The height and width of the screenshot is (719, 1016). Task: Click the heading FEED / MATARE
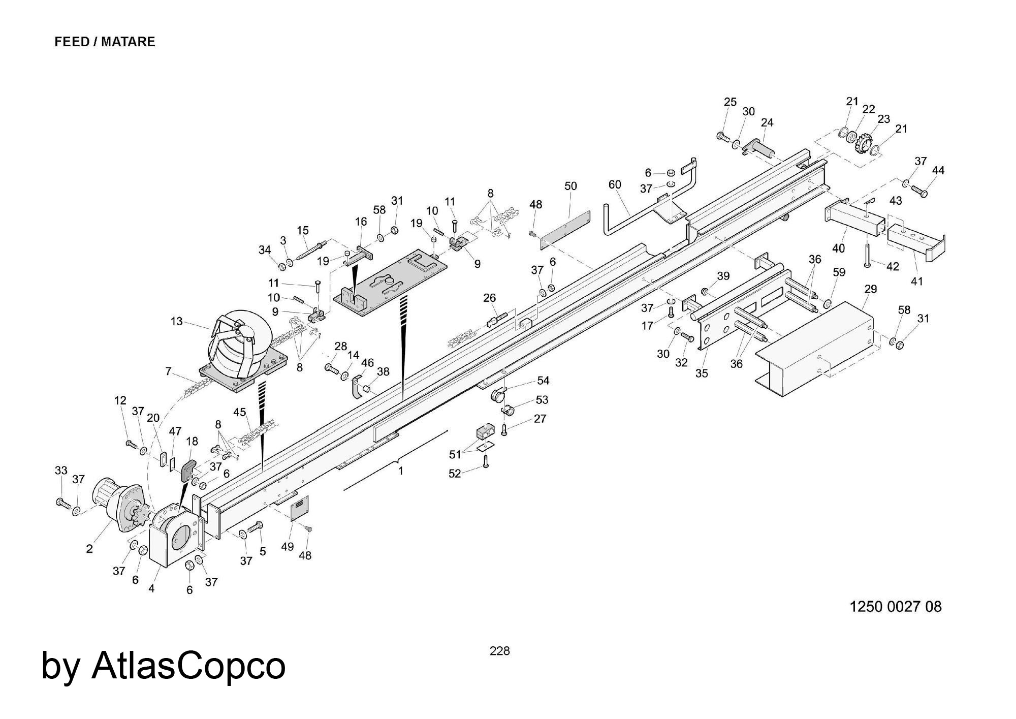[105, 42]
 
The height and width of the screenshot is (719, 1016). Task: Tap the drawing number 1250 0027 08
[895, 607]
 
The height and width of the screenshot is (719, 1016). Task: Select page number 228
[499, 651]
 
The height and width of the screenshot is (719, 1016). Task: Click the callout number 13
[176, 322]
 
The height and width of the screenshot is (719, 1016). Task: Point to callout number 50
[570, 186]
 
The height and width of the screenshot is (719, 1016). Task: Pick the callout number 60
[615, 184]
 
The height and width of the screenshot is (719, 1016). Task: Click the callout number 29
[871, 289]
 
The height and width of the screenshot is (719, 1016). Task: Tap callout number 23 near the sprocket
[884, 119]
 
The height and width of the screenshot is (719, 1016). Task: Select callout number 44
[938, 171]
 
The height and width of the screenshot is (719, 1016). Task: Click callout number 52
[454, 474]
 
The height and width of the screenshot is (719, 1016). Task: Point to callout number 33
[61, 471]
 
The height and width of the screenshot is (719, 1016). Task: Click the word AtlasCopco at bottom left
[188, 666]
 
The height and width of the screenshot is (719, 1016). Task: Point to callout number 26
[489, 298]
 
